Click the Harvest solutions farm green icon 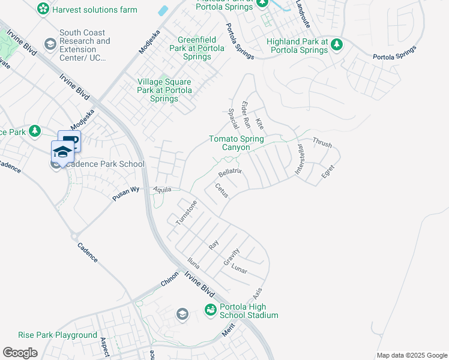[43, 9]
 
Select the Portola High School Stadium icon [211, 310]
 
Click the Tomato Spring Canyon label [236, 143]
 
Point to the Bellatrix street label [229, 172]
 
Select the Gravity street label [231, 257]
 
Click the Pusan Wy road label [126, 193]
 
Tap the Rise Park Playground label [58, 335]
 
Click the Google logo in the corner [20, 353]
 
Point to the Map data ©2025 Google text [411, 355]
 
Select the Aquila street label [162, 189]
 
